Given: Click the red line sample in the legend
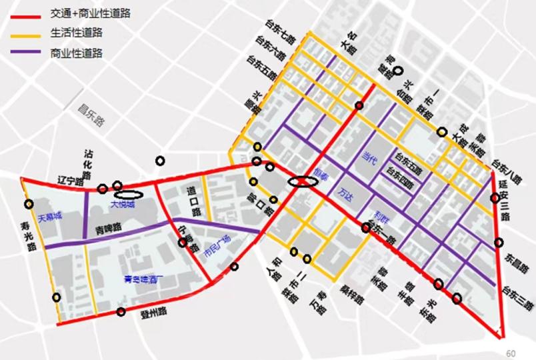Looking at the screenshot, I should [x=26, y=14].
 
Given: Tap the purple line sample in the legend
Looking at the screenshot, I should [x=26, y=53].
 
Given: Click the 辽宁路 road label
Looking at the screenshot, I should [x=69, y=181].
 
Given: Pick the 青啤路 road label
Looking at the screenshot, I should [x=108, y=227].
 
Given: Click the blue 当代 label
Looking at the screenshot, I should [x=369, y=160].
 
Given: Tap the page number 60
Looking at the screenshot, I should [x=511, y=353].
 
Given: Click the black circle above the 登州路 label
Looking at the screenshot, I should [x=121, y=311].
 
